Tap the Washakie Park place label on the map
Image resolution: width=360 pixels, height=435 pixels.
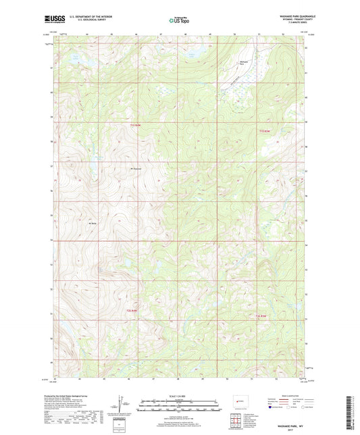[x=245, y=62]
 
